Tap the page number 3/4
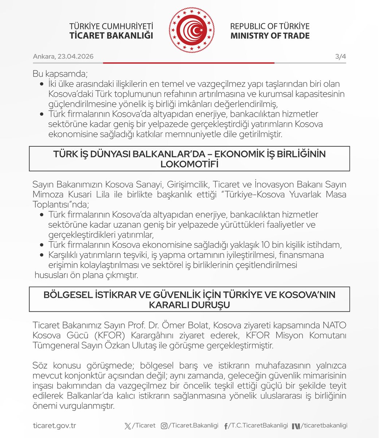(340, 57)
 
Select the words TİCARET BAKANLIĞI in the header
(111, 36)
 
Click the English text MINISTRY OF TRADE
(270, 36)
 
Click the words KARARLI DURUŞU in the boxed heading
(189, 305)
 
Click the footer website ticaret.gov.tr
(54, 426)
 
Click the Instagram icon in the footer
(164, 426)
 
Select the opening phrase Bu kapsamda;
(60, 73)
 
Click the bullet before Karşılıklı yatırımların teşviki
(41, 255)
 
